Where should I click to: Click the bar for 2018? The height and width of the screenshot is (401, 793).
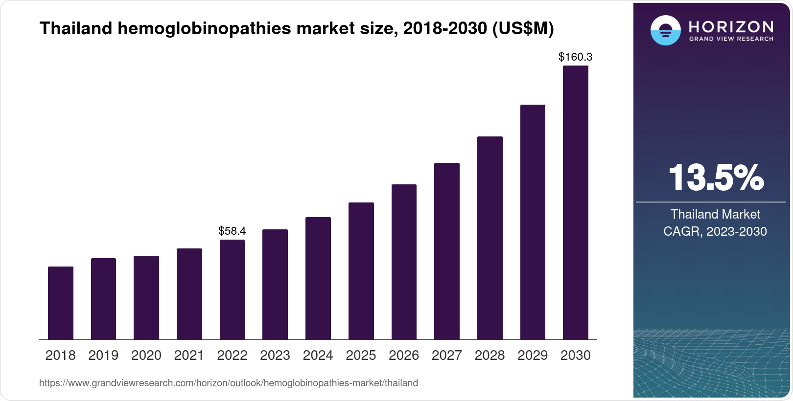click(61, 303)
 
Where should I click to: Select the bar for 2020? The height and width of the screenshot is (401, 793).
click(146, 297)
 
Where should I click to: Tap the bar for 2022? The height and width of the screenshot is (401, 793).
click(232, 290)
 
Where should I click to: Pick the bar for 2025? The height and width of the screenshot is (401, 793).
click(361, 271)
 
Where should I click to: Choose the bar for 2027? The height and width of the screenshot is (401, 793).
click(446, 251)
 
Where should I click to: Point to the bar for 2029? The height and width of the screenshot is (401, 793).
click(533, 222)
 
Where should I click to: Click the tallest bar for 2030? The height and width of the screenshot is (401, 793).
click(575, 202)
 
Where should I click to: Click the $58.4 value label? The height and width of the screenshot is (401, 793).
click(232, 231)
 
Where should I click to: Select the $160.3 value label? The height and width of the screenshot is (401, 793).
click(575, 57)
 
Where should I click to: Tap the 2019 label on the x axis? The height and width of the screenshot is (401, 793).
click(103, 356)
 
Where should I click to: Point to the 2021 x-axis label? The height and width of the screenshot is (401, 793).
click(189, 356)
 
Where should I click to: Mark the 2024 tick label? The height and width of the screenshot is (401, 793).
click(318, 356)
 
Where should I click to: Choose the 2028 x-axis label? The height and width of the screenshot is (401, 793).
click(490, 356)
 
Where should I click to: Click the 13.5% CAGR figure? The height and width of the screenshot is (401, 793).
click(716, 178)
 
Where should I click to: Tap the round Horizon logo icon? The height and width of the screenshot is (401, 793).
click(665, 30)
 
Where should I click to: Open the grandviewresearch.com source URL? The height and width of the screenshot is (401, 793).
click(229, 383)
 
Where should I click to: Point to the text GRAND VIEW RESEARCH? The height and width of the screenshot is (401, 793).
click(731, 39)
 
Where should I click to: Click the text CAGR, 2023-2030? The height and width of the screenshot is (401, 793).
click(715, 231)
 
